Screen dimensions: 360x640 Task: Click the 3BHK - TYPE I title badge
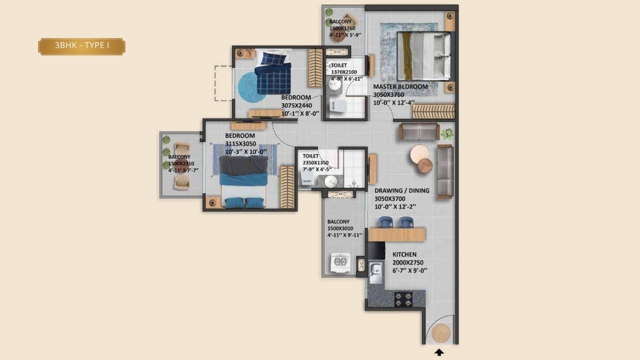(x=82, y=46)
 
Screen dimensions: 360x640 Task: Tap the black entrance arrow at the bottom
(x=439, y=352)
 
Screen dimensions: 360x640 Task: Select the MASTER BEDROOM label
(x=400, y=86)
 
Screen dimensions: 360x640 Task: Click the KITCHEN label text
(x=404, y=254)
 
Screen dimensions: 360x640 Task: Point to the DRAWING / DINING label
(x=401, y=190)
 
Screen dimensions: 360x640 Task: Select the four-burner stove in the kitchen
(x=403, y=299)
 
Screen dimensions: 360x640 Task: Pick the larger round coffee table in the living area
(x=418, y=153)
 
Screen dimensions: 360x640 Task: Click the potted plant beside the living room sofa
(x=447, y=133)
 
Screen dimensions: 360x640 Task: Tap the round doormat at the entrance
(x=440, y=332)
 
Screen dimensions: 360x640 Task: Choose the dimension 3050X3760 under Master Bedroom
(x=388, y=94)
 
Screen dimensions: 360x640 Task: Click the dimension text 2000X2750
(x=407, y=262)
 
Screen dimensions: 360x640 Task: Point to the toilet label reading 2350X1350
(x=315, y=163)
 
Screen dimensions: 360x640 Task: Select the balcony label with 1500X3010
(x=340, y=228)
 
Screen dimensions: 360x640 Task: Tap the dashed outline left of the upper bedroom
(x=223, y=83)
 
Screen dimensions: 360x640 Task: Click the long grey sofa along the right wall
(x=444, y=171)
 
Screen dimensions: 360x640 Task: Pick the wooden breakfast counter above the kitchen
(x=396, y=234)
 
